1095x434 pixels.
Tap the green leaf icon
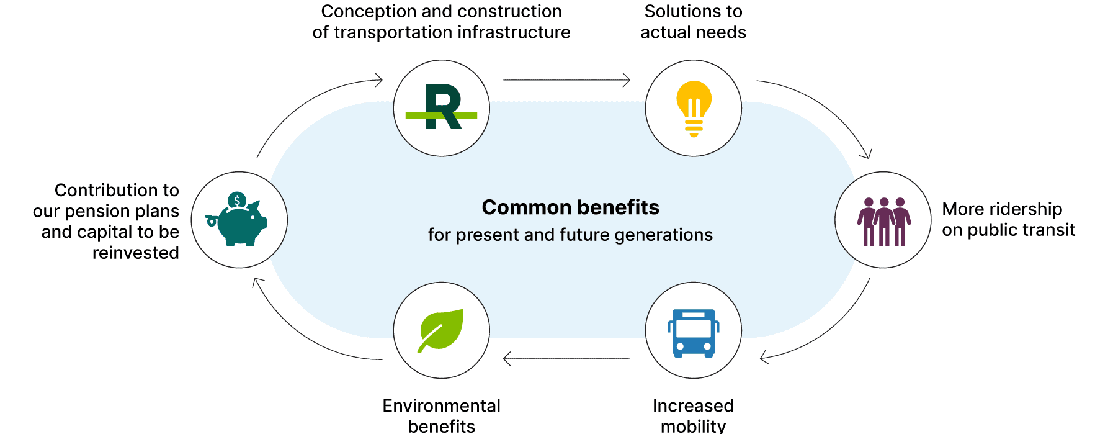tap(441, 330)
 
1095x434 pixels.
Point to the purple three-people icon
tap(883, 221)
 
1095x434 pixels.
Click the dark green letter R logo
tap(442, 107)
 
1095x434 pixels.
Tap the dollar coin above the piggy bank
tap(236, 201)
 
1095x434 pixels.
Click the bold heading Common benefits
tap(570, 207)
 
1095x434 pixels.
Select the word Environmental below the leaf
tap(441, 405)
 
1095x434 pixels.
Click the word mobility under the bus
tap(693, 426)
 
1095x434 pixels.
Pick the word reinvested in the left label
tap(135, 253)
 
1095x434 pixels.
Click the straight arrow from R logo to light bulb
tap(566, 80)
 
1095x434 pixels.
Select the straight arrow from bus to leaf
tap(566, 359)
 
